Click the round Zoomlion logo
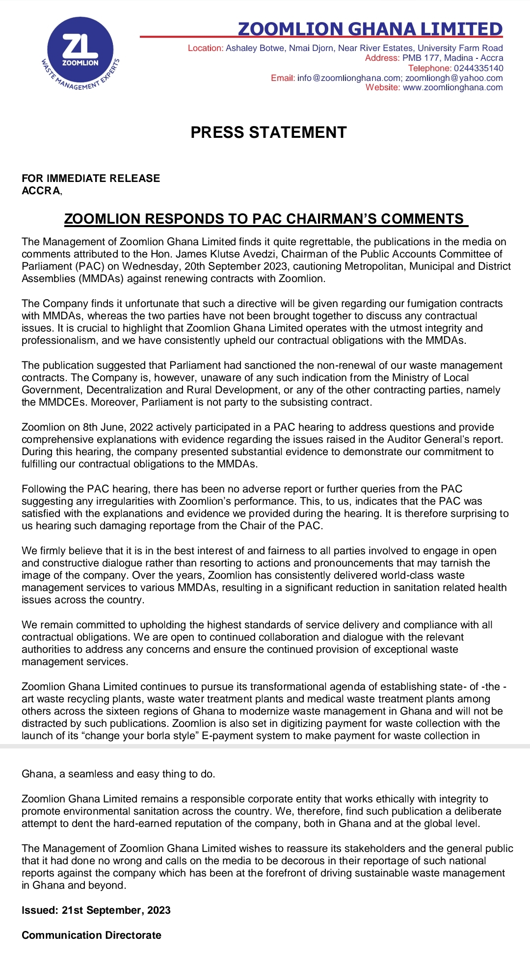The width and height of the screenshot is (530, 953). pyautogui.click(x=80, y=53)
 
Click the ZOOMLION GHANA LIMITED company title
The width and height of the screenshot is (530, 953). pyautogui.click(x=370, y=29)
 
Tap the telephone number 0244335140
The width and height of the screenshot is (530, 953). pyautogui.click(x=478, y=68)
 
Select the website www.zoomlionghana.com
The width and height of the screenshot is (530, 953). pyautogui.click(x=452, y=88)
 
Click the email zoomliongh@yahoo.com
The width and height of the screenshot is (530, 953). pyautogui.click(x=454, y=78)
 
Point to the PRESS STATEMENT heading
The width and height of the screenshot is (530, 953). pyautogui.click(x=268, y=132)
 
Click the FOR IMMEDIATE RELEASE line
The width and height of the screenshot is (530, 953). pyautogui.click(x=91, y=179)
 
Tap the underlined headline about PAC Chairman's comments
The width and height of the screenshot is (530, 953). pyautogui.click(x=265, y=219)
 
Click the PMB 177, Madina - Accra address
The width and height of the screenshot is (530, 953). pyautogui.click(x=452, y=58)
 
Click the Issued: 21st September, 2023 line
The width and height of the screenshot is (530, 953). pyautogui.click(x=96, y=910)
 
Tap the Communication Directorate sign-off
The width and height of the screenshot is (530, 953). pyautogui.click(x=91, y=935)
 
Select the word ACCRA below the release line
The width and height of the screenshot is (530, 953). pyautogui.click(x=41, y=191)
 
